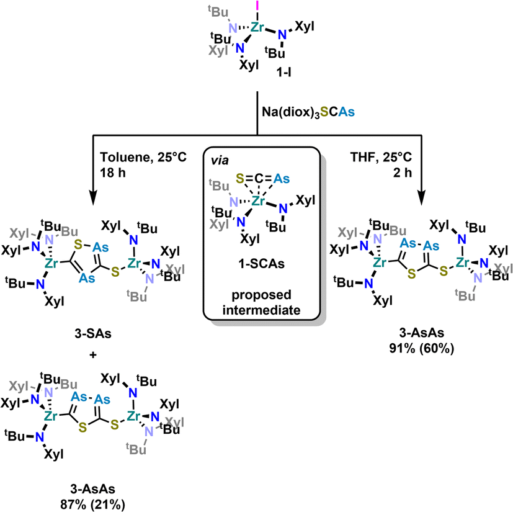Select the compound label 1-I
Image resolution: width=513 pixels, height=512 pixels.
[284, 73]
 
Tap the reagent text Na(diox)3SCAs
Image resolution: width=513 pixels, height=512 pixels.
[308, 112]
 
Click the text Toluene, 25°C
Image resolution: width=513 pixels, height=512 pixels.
[143, 157]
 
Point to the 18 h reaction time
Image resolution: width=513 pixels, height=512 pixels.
[113, 173]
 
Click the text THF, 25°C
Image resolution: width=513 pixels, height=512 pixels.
[381, 157]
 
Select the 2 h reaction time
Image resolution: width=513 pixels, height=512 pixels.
[402, 173]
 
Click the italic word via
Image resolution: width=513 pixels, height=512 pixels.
[220, 161]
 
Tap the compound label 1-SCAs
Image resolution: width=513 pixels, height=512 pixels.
[261, 264]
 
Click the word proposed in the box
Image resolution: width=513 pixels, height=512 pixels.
[261, 295]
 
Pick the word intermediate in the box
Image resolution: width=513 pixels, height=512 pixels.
[261, 310]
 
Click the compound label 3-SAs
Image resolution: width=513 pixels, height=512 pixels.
[93, 334]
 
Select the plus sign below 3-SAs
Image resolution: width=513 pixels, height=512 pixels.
[93, 354]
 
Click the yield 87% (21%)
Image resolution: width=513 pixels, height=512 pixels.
[92, 505]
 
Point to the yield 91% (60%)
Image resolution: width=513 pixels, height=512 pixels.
[421, 348]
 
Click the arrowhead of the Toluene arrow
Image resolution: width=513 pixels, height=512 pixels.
[93, 198]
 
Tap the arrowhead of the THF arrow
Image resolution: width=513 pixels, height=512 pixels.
[421, 198]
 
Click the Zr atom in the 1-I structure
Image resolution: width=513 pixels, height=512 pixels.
[257, 27]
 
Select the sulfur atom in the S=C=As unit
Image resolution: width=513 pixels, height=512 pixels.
[240, 179]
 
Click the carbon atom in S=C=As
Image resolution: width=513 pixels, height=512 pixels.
[259, 179]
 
